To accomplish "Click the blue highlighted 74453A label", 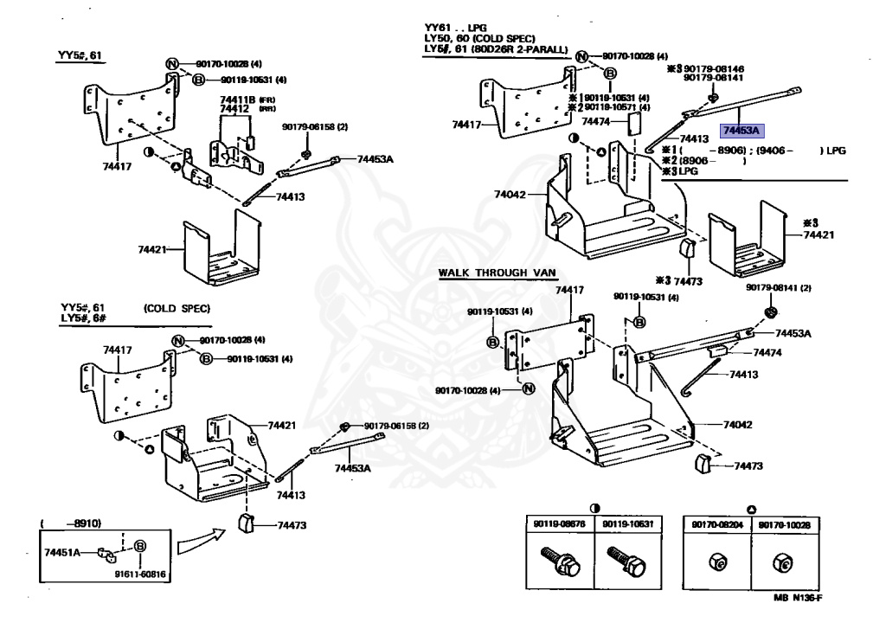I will coord(740,131).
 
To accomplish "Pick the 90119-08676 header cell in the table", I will coord(560,523).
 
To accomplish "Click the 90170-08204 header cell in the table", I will coord(716,523).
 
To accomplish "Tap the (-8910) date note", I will coord(72,523).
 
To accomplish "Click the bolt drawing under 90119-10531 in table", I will coord(624,560).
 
